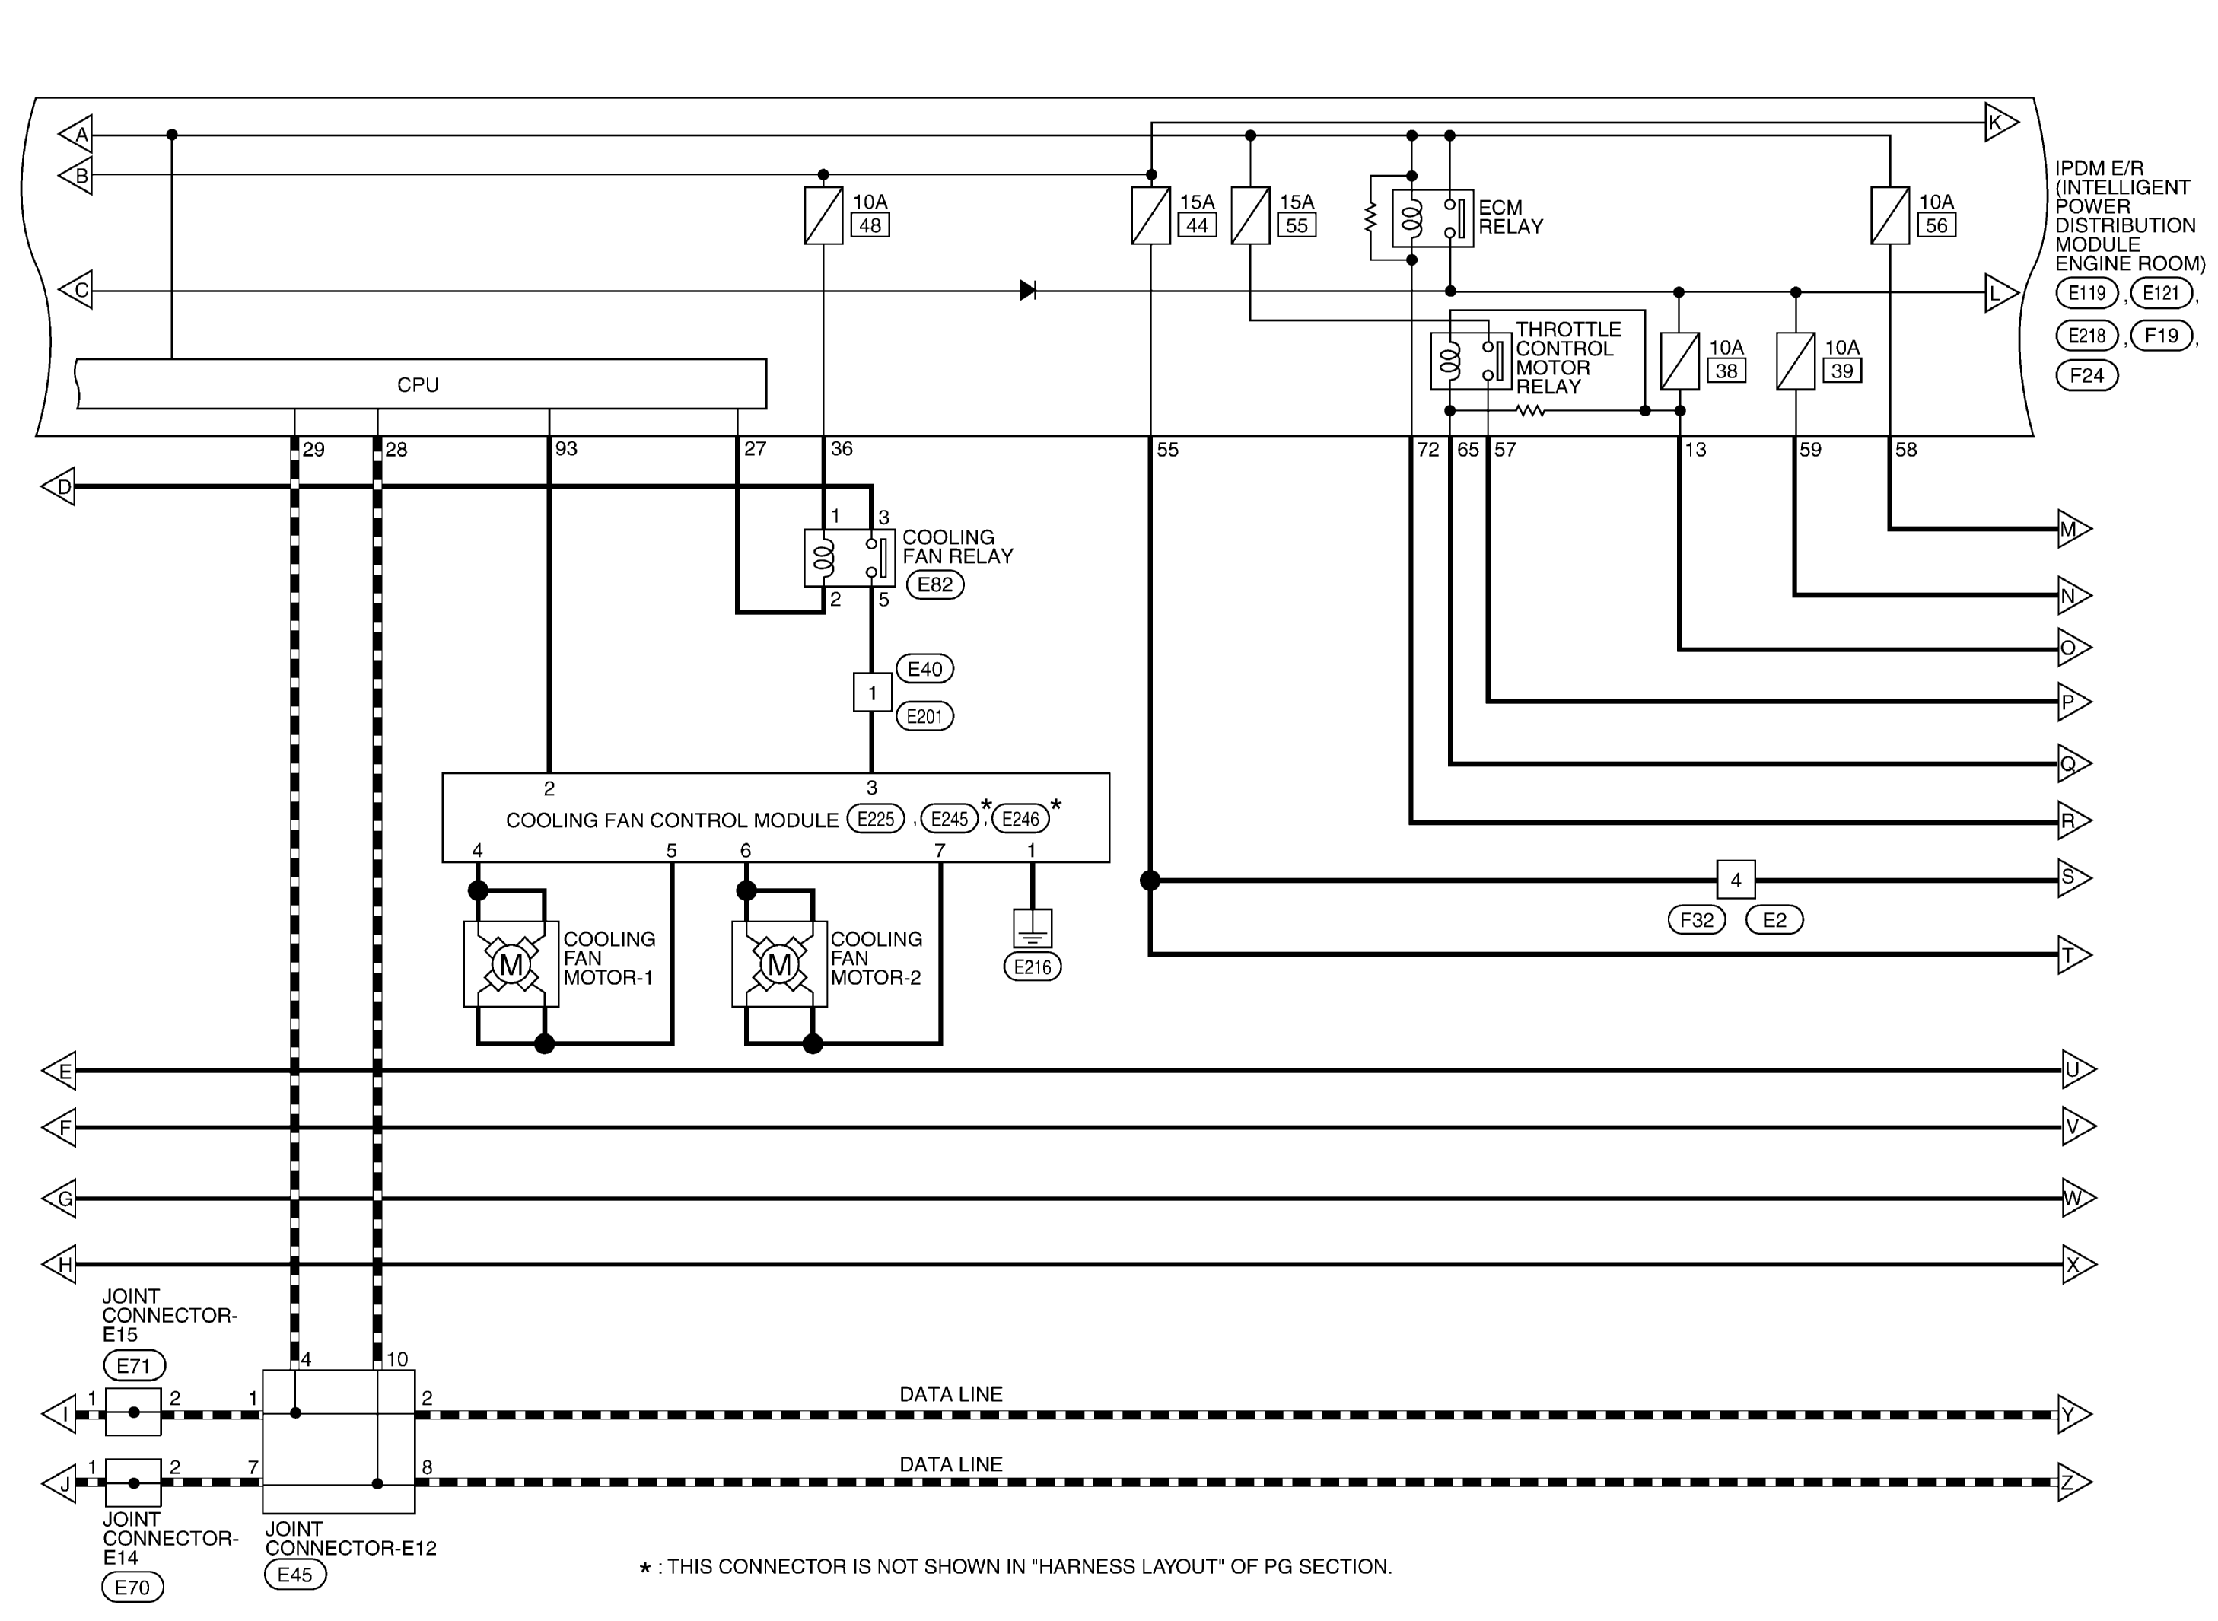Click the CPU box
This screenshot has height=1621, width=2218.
(421, 384)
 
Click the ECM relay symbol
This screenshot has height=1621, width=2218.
(1432, 218)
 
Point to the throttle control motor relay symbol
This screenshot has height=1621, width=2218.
(1471, 361)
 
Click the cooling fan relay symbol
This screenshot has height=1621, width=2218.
(849, 559)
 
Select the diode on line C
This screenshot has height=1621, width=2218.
(1027, 291)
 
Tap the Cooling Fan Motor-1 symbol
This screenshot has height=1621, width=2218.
(511, 963)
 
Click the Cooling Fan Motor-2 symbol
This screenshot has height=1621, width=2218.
(780, 963)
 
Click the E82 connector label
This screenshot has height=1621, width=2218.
(935, 584)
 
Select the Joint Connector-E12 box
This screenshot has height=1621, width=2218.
(339, 1441)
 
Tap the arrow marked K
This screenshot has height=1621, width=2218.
(2001, 123)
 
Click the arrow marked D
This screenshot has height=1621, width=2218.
(58, 487)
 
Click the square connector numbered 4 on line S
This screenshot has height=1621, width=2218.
(1736, 881)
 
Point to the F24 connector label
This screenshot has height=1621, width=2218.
(2086, 376)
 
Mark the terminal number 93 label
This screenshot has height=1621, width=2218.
(566, 448)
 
